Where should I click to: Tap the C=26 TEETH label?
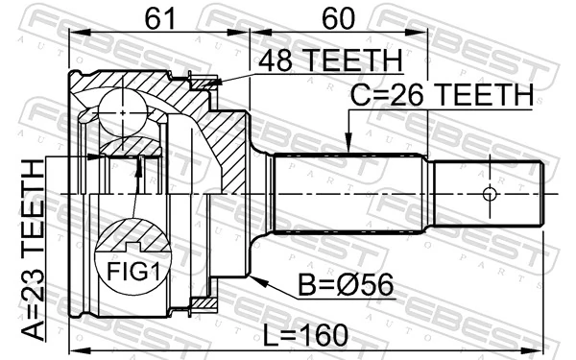(439, 95)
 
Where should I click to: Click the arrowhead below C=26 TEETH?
(348, 150)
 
